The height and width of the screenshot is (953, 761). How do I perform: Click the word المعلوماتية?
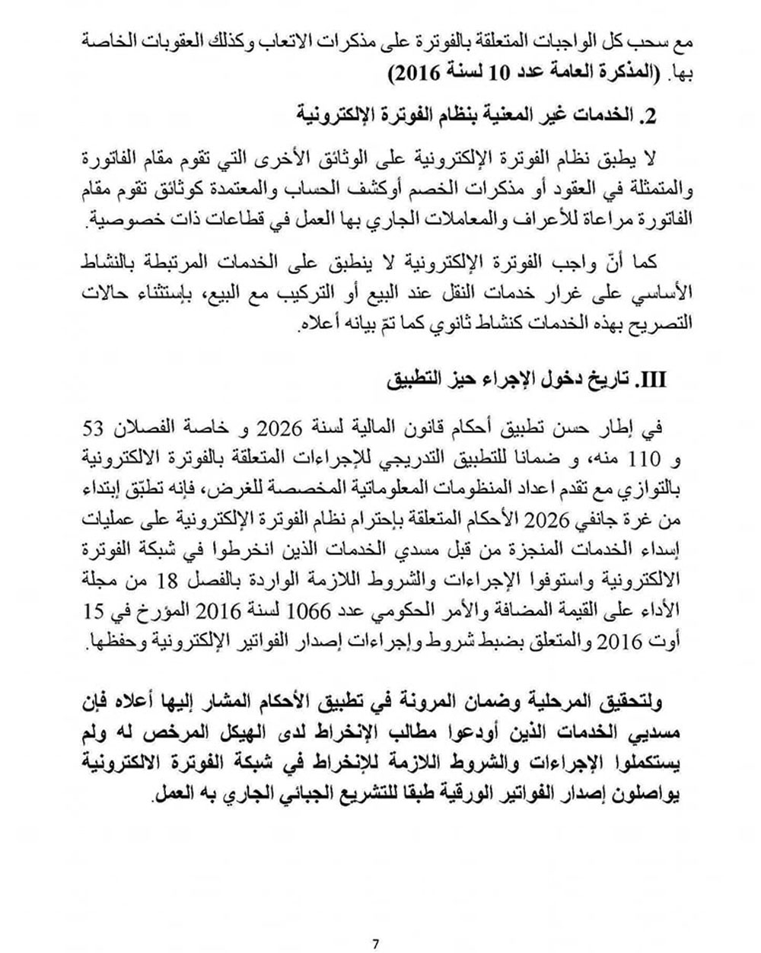coord(431,489)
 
